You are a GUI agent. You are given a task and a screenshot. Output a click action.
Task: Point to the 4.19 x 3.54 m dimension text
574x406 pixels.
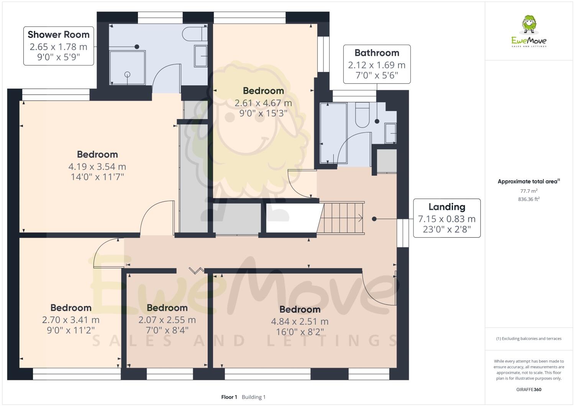(x=97, y=166)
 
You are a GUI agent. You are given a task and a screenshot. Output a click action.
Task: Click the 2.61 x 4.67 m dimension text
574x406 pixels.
(x=263, y=103)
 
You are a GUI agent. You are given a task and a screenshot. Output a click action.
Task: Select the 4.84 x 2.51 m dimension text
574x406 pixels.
(x=300, y=321)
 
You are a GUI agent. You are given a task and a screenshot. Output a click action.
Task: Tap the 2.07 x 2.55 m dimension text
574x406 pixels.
(x=167, y=320)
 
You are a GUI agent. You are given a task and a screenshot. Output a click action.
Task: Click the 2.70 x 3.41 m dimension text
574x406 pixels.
(x=71, y=320)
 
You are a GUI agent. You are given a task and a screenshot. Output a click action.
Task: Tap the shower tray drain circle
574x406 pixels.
(x=128, y=74)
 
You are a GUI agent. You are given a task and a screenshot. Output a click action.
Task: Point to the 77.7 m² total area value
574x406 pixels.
(x=528, y=191)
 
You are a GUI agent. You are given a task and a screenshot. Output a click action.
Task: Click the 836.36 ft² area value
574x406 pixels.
(x=528, y=199)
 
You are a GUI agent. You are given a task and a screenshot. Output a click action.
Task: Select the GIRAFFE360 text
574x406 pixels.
(x=528, y=390)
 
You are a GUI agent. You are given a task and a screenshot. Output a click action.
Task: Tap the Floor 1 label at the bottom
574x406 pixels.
(x=229, y=397)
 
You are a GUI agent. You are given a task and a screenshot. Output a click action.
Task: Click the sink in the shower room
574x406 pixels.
(x=201, y=56)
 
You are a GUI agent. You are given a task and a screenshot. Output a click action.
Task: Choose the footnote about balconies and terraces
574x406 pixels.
(x=528, y=339)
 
